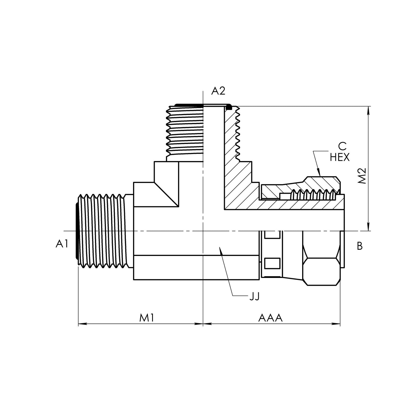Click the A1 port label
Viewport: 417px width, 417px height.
(x=62, y=244)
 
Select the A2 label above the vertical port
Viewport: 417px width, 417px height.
(x=218, y=91)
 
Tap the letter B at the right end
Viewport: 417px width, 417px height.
(x=360, y=246)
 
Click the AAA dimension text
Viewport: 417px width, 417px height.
(x=270, y=318)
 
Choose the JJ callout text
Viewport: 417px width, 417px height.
(x=254, y=296)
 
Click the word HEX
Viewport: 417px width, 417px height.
(x=340, y=158)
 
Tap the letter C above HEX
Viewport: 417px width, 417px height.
(x=342, y=146)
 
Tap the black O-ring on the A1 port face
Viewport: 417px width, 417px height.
(x=77, y=231)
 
